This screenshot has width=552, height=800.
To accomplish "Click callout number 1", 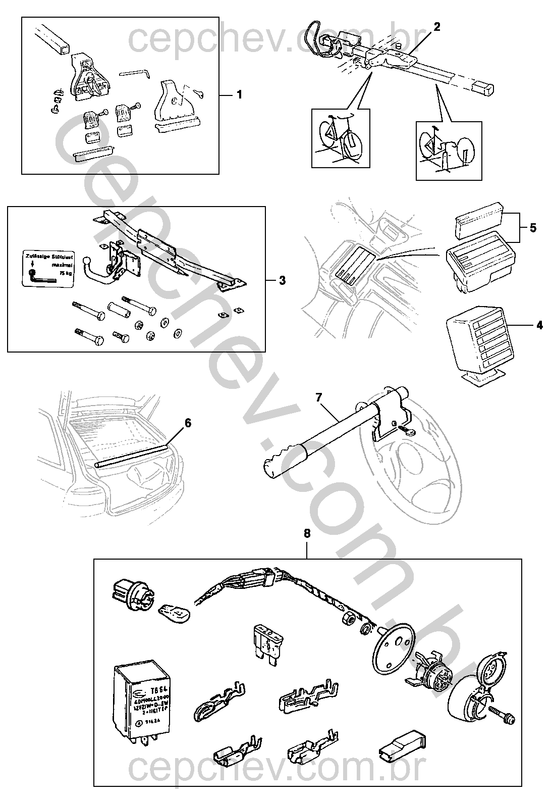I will click(239, 94).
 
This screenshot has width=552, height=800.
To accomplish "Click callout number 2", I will click(437, 27).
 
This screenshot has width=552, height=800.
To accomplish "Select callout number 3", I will click(282, 280).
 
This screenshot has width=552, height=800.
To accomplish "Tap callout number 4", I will click(539, 325).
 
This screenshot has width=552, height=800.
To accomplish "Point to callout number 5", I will click(533, 227).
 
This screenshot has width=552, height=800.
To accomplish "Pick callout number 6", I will click(188, 423).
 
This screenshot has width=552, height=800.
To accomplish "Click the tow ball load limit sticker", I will click(45, 269).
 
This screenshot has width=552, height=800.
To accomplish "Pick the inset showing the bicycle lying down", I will click(449, 151).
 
